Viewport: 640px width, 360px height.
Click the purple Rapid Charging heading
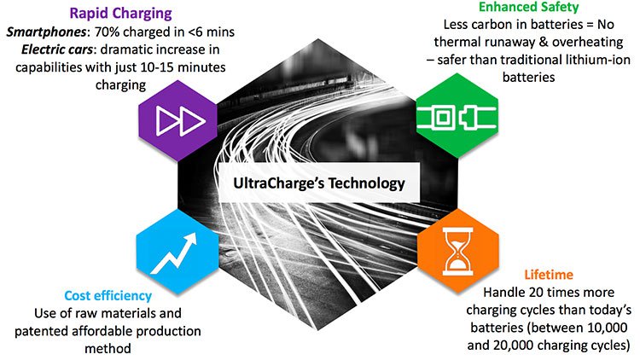coord(121,14)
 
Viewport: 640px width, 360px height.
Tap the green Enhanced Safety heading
coord(528,7)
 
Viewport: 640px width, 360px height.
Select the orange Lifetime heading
coord(549,275)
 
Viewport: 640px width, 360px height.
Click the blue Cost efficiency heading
coord(108,296)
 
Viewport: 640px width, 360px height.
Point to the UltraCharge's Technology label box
coord(319,183)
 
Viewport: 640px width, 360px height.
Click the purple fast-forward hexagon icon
coord(178,121)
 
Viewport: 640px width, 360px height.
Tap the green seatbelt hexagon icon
coord(457,116)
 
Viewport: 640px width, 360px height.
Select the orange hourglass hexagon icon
coord(458,251)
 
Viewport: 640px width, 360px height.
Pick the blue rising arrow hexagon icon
coord(177,252)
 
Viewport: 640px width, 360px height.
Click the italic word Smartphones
coord(46,32)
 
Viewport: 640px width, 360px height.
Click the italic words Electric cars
coord(56,49)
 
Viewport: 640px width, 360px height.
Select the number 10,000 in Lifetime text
coord(608,328)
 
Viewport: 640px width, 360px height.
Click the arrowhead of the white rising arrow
coord(190,240)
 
